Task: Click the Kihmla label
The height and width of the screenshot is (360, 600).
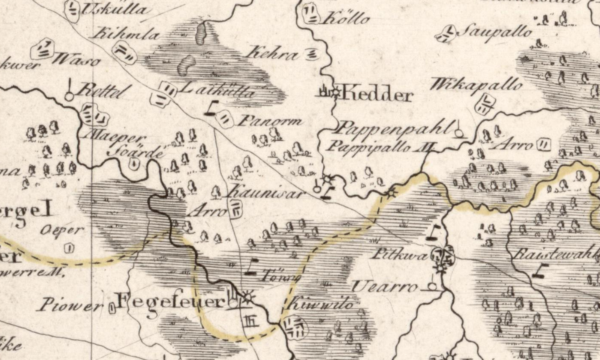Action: (x=116, y=34)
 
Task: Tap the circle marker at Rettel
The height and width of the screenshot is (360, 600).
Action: (x=69, y=95)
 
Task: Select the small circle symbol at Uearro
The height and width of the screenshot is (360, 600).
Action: (x=432, y=286)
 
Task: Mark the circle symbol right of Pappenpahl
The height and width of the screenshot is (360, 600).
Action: (x=458, y=133)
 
